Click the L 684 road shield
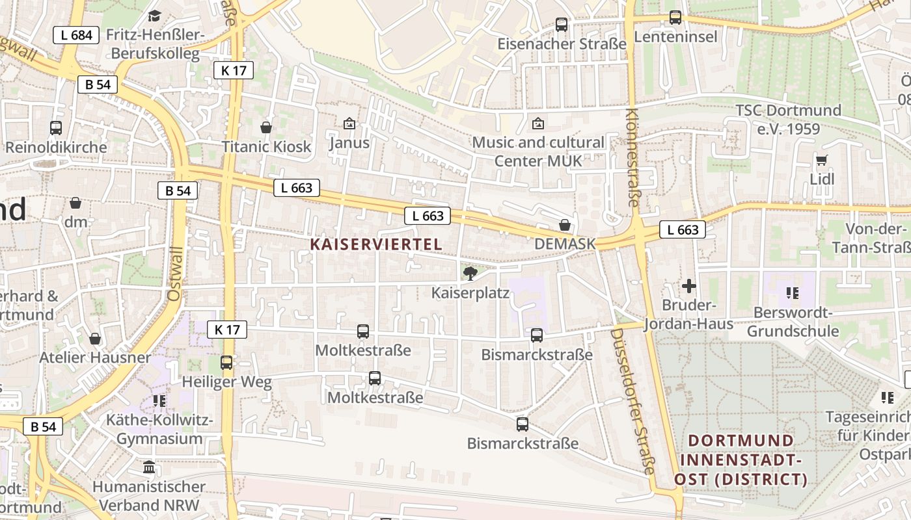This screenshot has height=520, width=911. (x=77, y=35)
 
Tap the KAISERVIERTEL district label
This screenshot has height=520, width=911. (x=376, y=244)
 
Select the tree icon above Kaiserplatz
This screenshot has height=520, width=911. (x=469, y=273)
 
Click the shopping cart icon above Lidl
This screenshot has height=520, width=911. (x=822, y=159)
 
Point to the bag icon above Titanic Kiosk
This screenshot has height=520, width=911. (x=266, y=127)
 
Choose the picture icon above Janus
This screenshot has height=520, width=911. (x=349, y=123)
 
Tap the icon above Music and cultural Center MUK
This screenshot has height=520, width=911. (x=537, y=123)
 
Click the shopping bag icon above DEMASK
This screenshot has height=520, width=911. (x=565, y=225)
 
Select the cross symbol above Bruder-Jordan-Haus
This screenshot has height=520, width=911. (x=689, y=285)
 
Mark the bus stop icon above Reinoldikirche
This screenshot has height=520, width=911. (x=56, y=128)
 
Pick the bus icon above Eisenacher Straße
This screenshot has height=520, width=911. (x=562, y=25)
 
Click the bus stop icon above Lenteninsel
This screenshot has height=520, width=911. (x=675, y=18)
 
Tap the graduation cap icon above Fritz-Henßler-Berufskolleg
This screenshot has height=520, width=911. (x=155, y=16)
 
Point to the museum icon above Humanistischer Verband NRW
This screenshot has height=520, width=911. (x=149, y=467)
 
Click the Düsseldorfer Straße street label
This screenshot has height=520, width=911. (x=632, y=401)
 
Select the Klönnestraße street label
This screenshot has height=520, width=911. (x=632, y=157)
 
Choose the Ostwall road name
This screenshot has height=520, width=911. (x=174, y=268)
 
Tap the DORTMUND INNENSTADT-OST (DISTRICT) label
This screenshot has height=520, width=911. (x=741, y=460)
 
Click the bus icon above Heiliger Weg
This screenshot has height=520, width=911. (x=226, y=363)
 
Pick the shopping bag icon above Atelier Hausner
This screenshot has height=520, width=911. (x=95, y=339)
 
